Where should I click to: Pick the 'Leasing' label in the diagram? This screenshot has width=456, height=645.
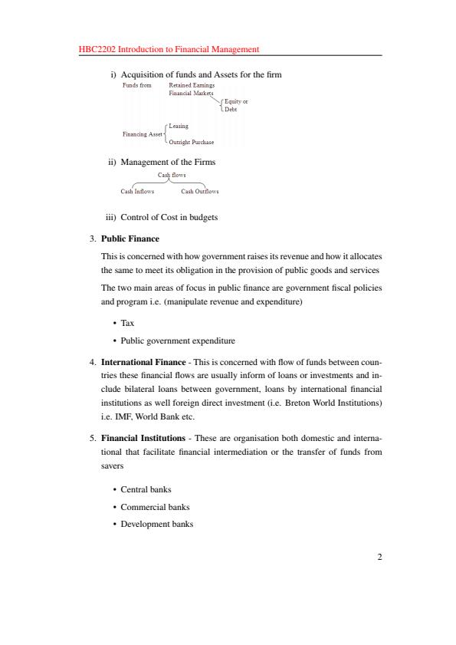tap(178, 126)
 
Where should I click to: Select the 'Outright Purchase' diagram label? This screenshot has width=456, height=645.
tap(191, 143)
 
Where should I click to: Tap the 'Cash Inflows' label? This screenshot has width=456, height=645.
tap(137, 192)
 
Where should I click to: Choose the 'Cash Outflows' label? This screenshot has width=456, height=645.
tap(199, 192)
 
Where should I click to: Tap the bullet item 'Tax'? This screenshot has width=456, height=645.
tap(127, 324)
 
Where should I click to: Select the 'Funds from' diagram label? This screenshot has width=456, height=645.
tap(137, 85)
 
